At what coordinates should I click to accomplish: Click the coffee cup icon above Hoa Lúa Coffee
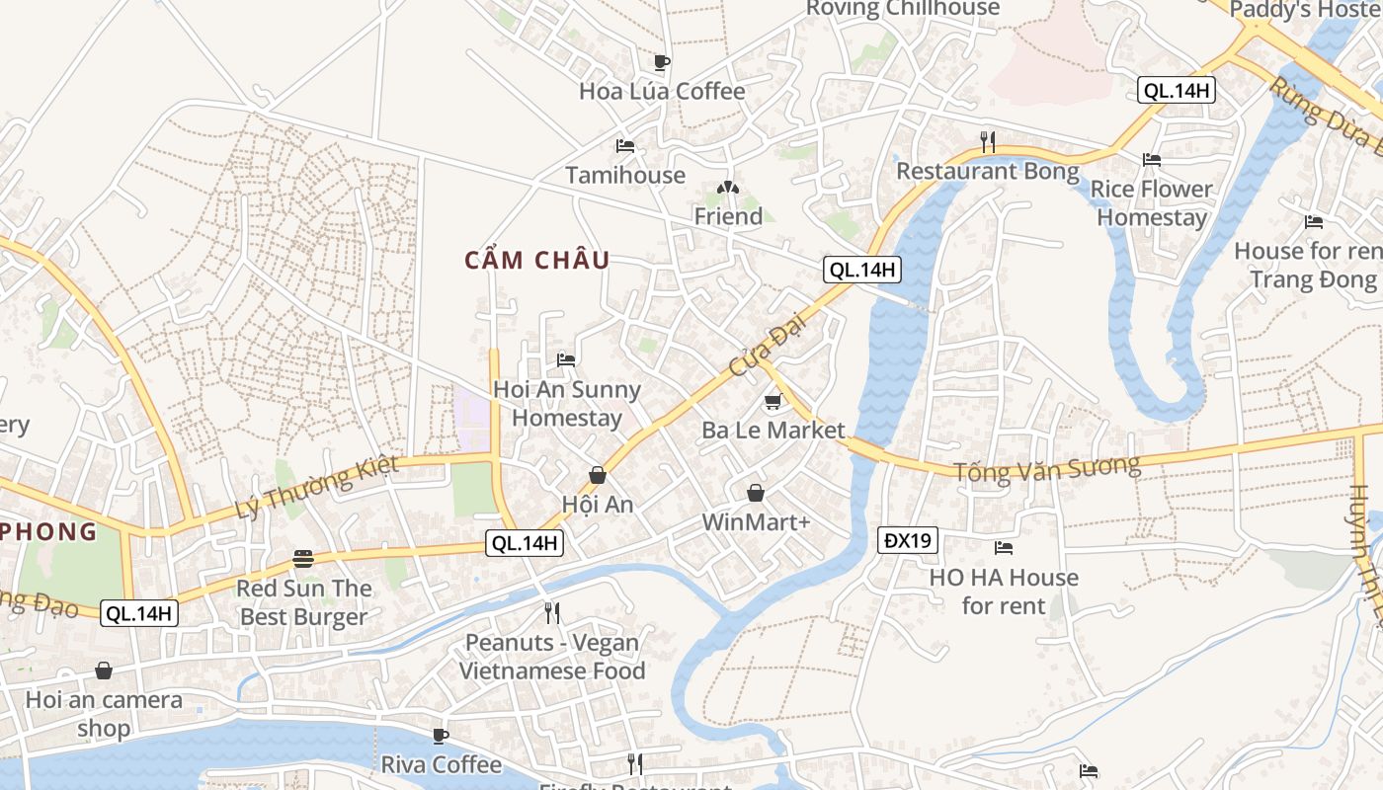tap(662, 62)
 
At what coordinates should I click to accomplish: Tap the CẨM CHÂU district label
tap(537, 261)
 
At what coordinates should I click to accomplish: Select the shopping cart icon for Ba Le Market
tap(773, 402)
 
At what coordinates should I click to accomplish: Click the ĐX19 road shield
tap(908, 540)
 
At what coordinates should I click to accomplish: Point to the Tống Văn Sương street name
tap(1046, 467)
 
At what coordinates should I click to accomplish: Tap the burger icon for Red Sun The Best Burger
tap(303, 560)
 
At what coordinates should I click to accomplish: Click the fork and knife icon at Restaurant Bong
tap(987, 141)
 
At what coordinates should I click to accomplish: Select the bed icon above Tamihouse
tap(625, 146)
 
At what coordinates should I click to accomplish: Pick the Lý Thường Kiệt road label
tap(317, 487)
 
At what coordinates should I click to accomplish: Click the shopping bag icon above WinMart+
tap(756, 493)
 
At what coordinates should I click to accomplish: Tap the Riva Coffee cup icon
tap(441, 736)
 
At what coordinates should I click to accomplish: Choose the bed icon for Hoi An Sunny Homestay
tap(566, 359)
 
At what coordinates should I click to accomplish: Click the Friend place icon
tap(727, 188)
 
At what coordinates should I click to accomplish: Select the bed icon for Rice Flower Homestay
tap(1151, 159)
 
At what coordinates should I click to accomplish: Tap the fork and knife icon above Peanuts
tap(552, 613)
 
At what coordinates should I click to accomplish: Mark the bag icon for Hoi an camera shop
tap(104, 671)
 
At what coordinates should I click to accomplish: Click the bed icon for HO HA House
tap(1004, 547)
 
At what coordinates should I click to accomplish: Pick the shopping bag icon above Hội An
tap(598, 475)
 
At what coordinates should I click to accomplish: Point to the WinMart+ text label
tap(756, 521)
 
